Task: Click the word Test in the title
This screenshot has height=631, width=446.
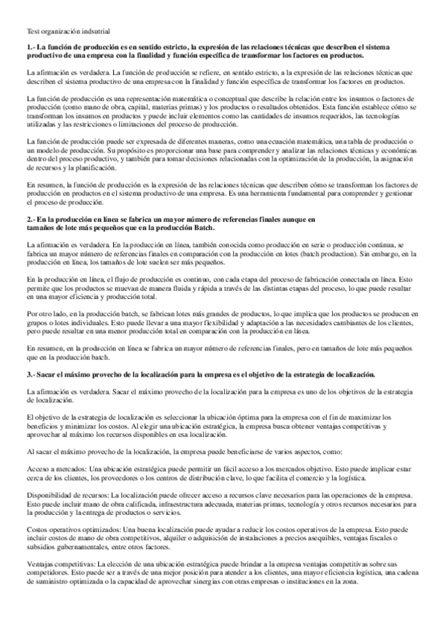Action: pos(33,31)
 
